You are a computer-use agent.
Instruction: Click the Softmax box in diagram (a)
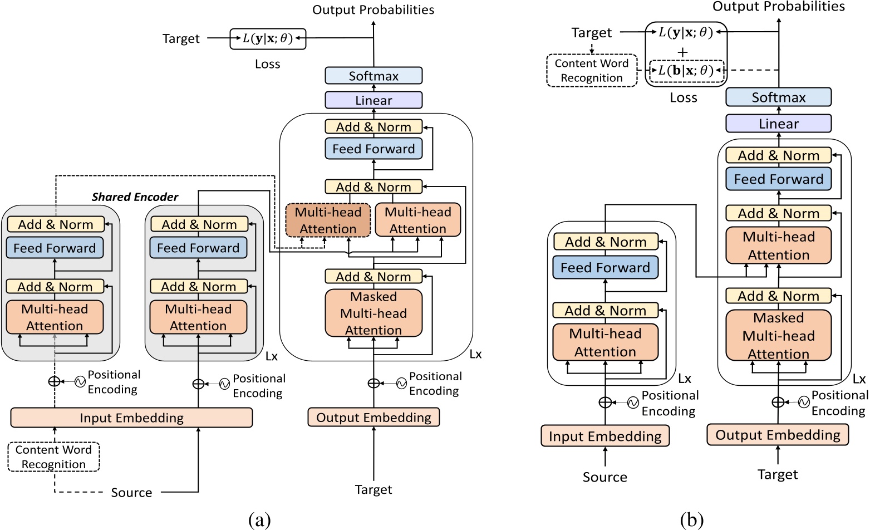(373, 76)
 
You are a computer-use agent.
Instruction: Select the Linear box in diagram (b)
(778, 124)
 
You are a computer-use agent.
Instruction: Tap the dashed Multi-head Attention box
(328, 220)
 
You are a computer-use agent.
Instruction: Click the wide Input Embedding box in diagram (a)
(131, 418)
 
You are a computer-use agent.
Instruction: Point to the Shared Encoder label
(135, 197)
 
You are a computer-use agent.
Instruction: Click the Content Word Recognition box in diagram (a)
(53, 457)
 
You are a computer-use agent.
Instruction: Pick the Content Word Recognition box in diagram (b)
(592, 71)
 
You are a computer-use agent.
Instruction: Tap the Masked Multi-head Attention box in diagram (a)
(373, 313)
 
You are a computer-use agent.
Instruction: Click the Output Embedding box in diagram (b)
(778, 435)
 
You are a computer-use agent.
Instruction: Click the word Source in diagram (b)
(604, 477)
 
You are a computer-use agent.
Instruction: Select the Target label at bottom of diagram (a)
(373, 490)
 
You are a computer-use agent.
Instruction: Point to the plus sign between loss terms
(682, 52)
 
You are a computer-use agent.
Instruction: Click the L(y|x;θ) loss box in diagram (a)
(268, 39)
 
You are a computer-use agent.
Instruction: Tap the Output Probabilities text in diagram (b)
(778, 7)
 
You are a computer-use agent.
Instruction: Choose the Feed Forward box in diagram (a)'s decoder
(373, 149)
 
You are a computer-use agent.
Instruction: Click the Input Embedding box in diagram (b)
(605, 436)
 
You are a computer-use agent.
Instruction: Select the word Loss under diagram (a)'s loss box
(268, 64)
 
